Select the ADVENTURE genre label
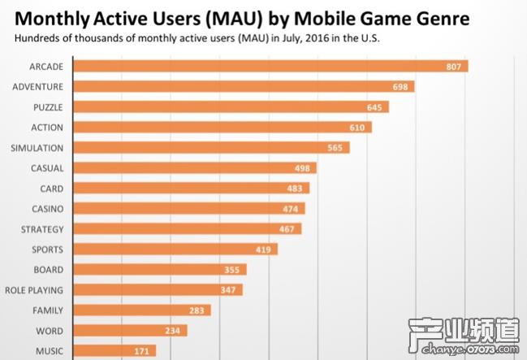point(37,86)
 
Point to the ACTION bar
point(219,127)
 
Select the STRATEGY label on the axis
point(41,229)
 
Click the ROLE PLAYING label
point(33,290)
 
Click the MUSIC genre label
point(49,351)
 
